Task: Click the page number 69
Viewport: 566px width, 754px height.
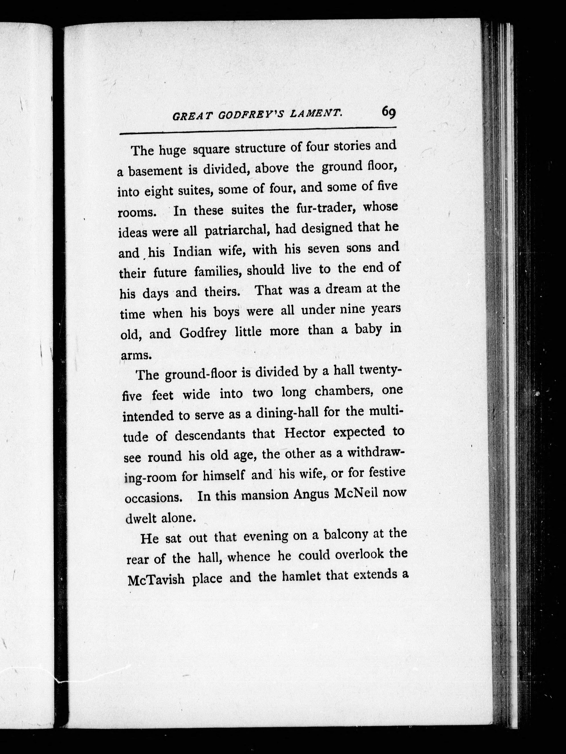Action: coord(389,112)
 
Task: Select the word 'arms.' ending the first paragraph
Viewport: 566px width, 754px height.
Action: coord(136,355)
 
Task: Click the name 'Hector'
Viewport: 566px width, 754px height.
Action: coord(305,433)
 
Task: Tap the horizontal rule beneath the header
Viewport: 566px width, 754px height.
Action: coord(258,130)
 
